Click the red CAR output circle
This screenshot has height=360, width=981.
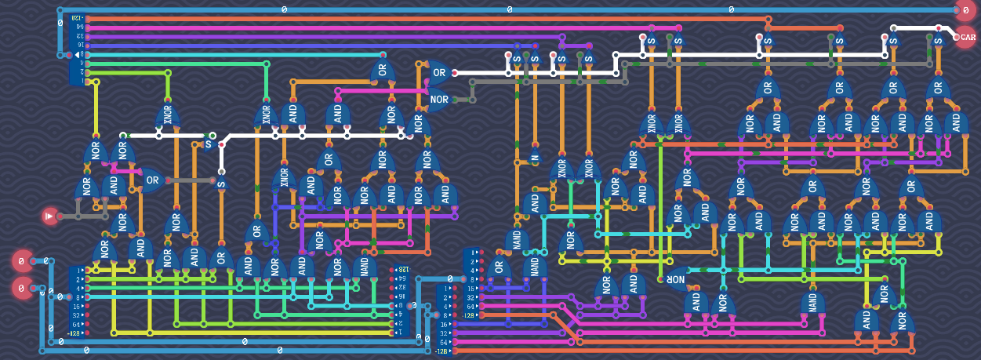click(x=966, y=36)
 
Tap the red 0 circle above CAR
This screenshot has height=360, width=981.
click(x=966, y=10)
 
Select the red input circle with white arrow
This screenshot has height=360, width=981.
click(x=51, y=216)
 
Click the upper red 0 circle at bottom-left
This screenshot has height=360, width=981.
click(x=22, y=261)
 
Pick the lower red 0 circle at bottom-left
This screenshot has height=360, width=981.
click(x=22, y=289)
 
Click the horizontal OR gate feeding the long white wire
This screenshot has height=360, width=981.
click(x=437, y=73)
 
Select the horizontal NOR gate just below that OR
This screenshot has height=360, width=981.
click(x=438, y=100)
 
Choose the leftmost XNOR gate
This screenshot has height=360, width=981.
click(x=167, y=115)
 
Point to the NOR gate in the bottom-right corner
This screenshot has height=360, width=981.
click(x=902, y=320)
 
